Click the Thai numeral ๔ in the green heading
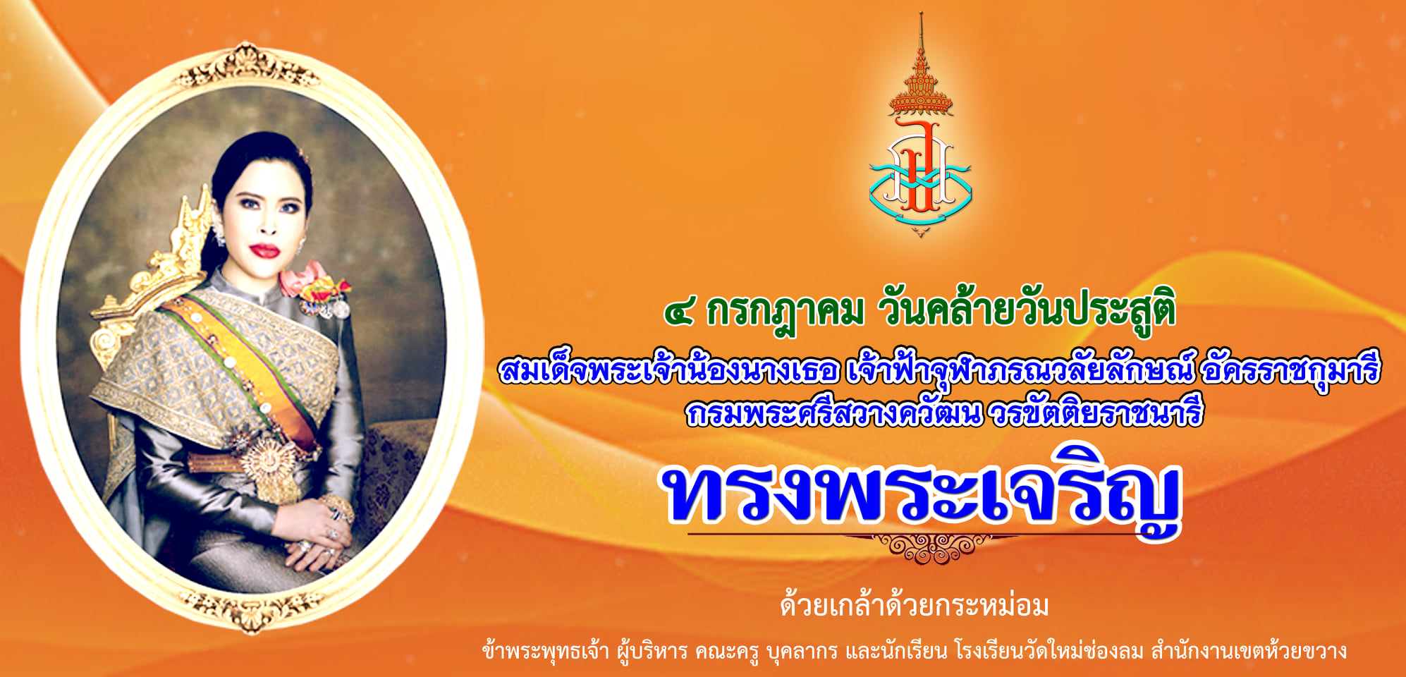click(x=679, y=312)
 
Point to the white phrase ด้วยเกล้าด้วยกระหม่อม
click(x=914, y=605)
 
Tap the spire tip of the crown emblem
click(x=920, y=13)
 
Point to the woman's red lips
click(x=265, y=250)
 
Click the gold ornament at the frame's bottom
click(x=251, y=608)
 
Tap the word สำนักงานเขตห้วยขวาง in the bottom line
click(x=1248, y=650)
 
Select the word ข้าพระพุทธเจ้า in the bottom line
click(x=546, y=650)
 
